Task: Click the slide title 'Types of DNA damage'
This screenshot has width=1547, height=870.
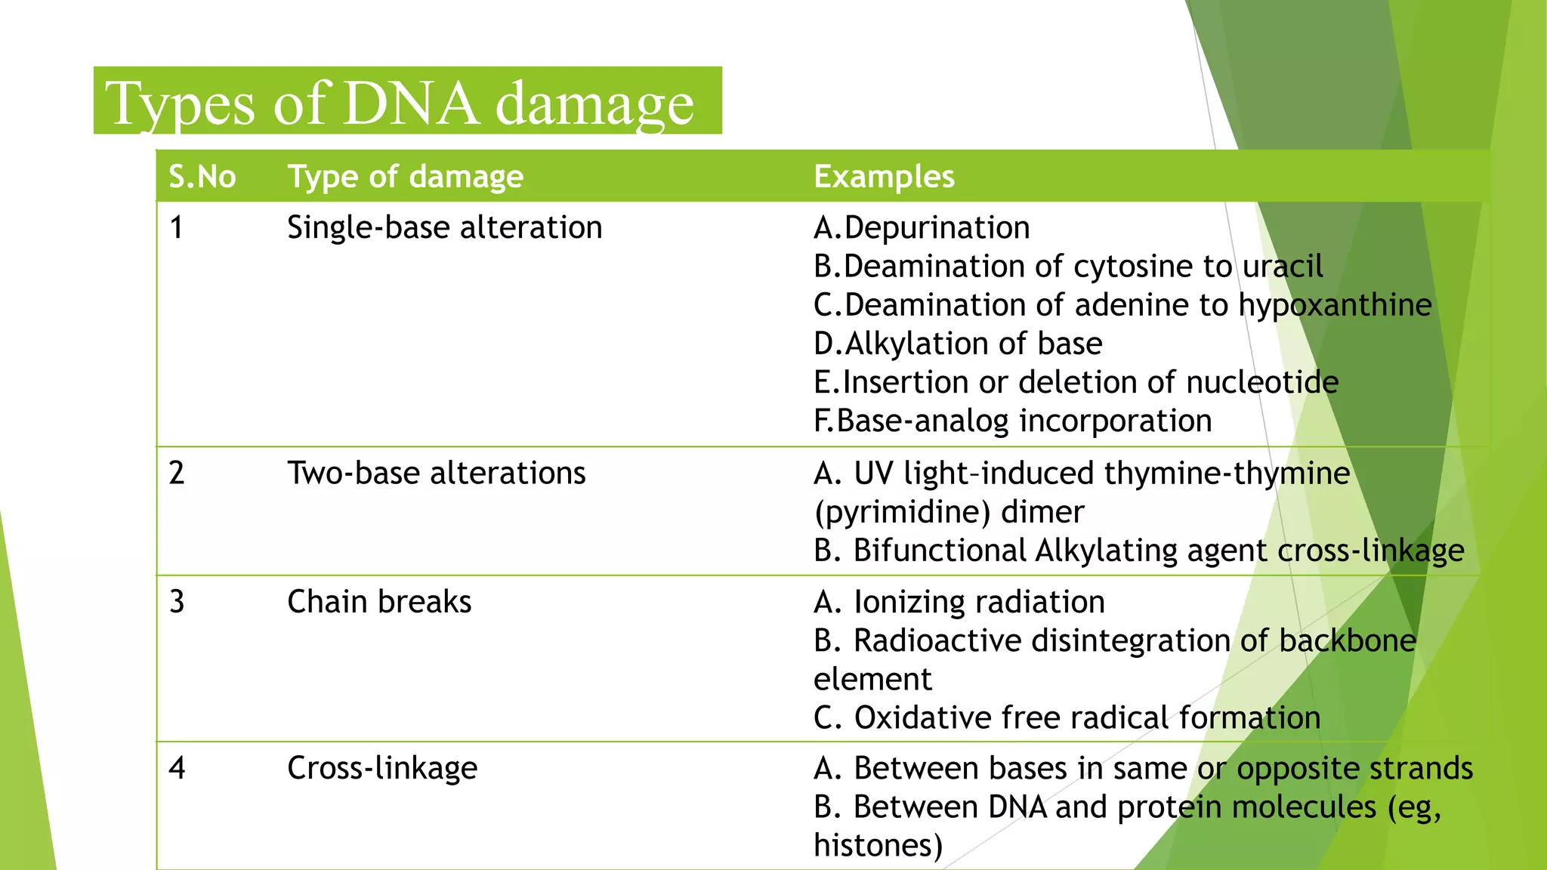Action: pyautogui.click(x=400, y=103)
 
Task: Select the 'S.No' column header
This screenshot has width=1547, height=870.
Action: pyautogui.click(x=202, y=177)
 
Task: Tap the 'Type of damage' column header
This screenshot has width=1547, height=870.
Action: pyautogui.click(x=406, y=177)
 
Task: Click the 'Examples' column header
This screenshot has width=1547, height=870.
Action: pyautogui.click(x=884, y=177)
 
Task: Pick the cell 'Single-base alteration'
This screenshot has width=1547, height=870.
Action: pyautogui.click(x=444, y=227)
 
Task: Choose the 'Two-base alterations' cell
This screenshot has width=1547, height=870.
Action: pyautogui.click(x=436, y=474)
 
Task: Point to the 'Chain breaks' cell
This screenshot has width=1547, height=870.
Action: pyautogui.click(x=379, y=602)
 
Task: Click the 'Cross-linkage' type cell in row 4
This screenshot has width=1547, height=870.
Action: pyautogui.click(x=382, y=768)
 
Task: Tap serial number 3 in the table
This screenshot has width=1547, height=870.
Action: pyautogui.click(x=177, y=602)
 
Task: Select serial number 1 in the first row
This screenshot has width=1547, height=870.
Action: pyautogui.click(x=177, y=227)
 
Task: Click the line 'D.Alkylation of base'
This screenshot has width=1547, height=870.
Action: pyautogui.click(x=958, y=344)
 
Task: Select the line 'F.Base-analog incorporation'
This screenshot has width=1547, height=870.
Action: pyautogui.click(x=1012, y=421)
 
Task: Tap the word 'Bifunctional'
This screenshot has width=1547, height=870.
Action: pyautogui.click(x=940, y=551)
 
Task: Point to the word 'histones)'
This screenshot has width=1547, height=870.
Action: pyautogui.click(x=878, y=845)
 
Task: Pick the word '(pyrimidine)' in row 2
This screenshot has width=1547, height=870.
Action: pyautogui.click(x=902, y=512)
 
